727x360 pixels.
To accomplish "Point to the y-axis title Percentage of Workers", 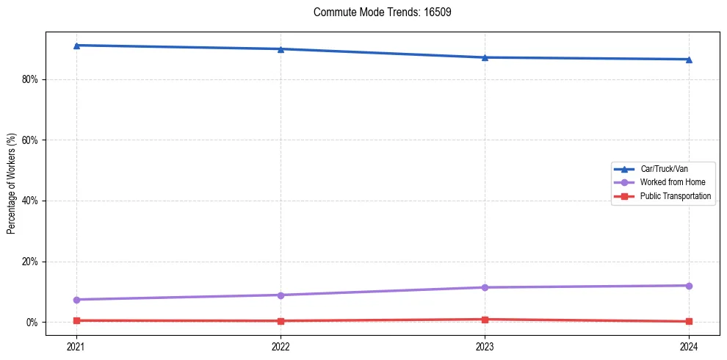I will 12,184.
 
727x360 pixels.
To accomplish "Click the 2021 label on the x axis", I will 76,345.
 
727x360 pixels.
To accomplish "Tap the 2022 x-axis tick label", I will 281,345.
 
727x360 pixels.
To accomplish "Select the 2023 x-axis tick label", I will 485,345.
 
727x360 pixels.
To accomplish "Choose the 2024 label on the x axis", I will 689,345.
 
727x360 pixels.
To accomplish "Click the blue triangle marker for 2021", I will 76,46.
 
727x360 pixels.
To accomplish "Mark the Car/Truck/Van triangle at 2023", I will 485,57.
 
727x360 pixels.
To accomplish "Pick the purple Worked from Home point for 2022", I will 281,295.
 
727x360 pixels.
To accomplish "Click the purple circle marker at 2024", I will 689,286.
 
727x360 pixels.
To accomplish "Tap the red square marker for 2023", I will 485,320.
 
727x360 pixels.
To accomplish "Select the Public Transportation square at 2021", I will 76,320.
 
